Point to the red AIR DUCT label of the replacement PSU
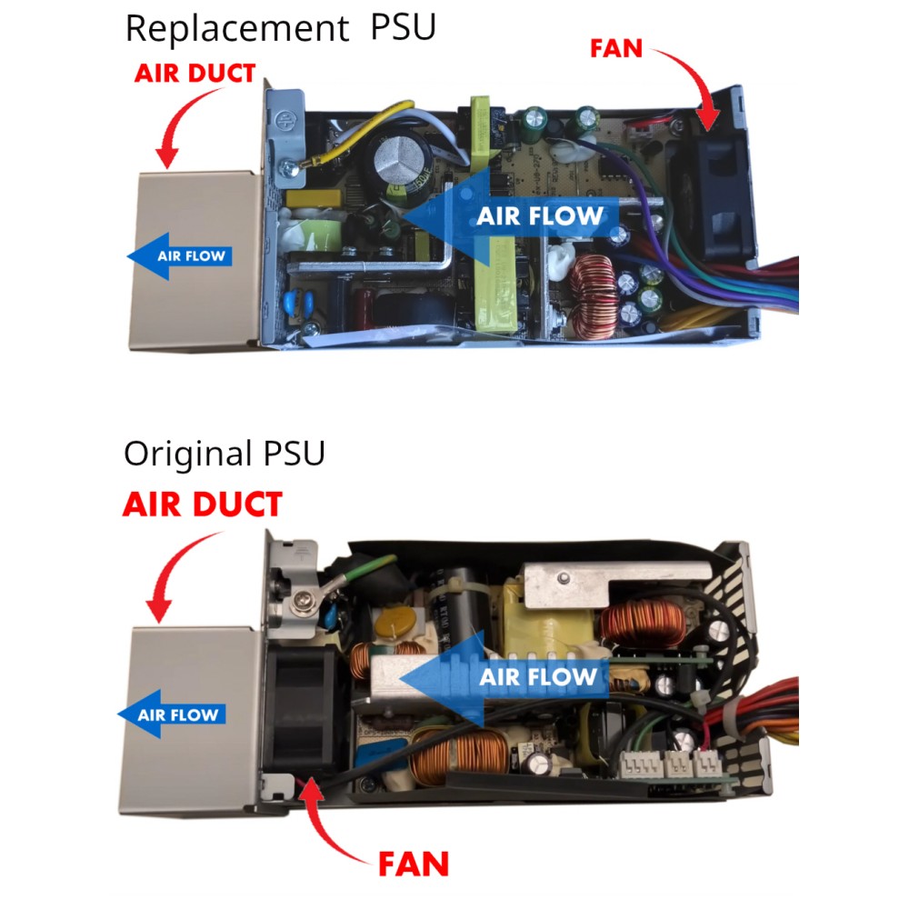point(195,73)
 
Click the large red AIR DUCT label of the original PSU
point(202,504)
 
